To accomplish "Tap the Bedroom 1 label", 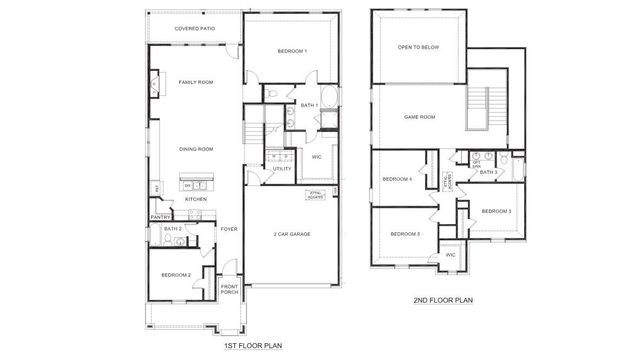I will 291,51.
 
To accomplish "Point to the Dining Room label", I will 196,149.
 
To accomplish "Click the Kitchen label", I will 196,199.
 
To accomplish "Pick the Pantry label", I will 159,216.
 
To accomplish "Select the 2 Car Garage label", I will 291,233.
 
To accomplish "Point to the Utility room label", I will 282,169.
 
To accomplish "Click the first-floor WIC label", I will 316,156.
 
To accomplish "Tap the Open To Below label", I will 418,47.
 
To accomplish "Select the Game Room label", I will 418,117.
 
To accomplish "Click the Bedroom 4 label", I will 397,180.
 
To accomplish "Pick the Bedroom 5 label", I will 404,233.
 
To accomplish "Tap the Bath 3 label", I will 488,172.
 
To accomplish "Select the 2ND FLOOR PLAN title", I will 442,298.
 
